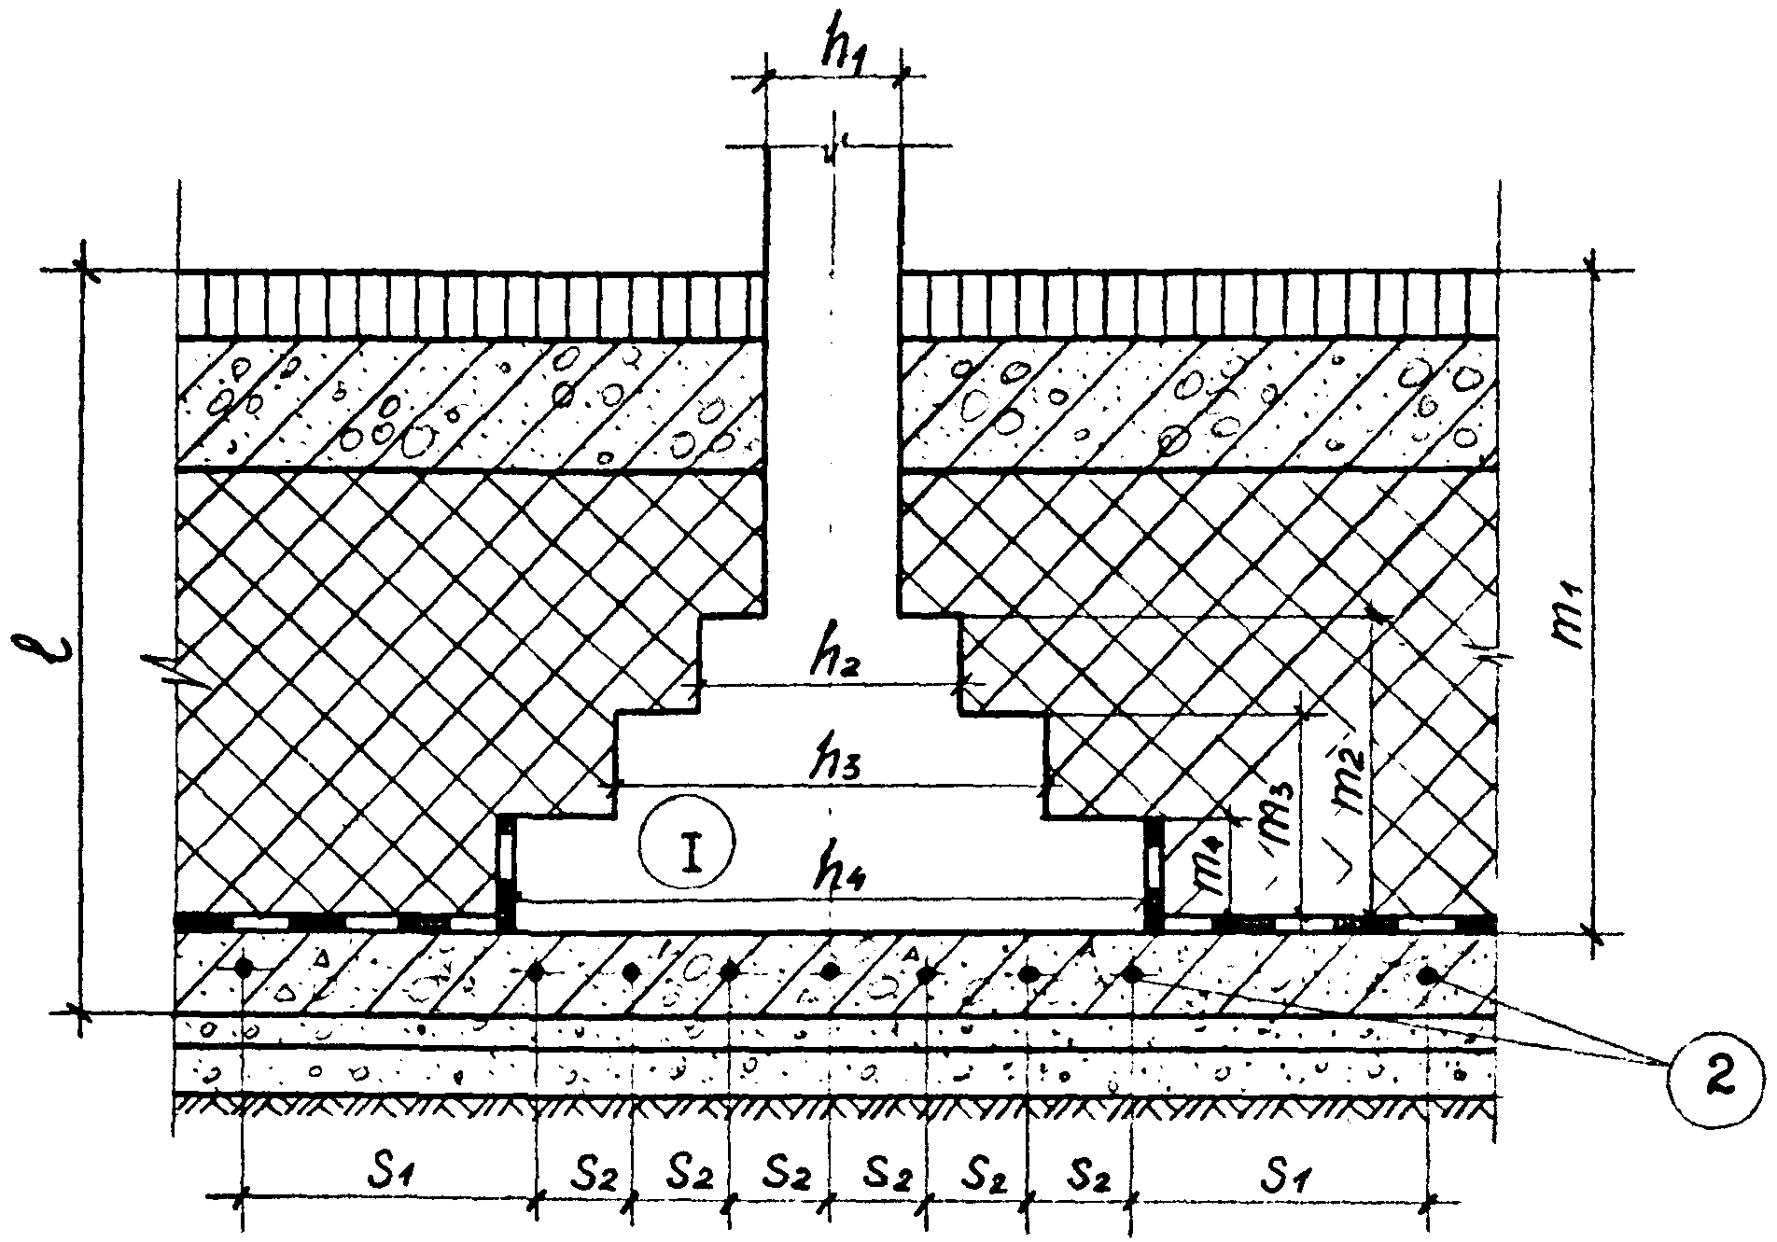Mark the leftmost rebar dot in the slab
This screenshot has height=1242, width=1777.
(x=243, y=969)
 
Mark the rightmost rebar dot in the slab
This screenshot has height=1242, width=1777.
(x=1426, y=976)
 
